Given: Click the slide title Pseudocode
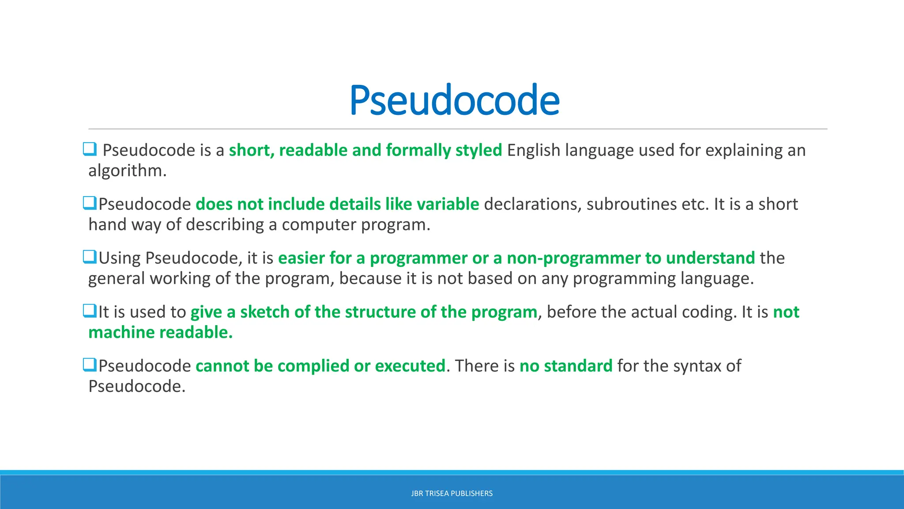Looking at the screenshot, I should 454,101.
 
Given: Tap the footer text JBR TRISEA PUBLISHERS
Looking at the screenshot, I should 452,494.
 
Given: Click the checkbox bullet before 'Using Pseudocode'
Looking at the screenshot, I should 90,257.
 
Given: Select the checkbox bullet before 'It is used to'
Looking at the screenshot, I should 90,311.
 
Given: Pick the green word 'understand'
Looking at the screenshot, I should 710,258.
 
